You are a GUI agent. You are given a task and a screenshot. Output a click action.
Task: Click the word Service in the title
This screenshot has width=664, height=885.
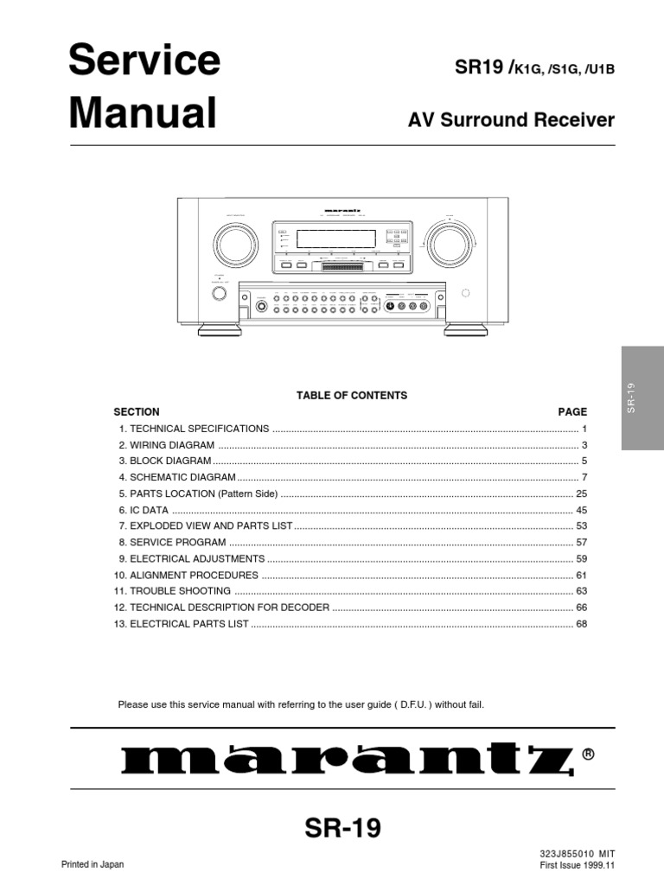click(x=144, y=60)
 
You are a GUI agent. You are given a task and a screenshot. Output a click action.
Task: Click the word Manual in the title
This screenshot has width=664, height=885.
click(x=142, y=113)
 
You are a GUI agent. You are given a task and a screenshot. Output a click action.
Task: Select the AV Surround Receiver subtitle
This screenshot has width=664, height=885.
click(x=511, y=120)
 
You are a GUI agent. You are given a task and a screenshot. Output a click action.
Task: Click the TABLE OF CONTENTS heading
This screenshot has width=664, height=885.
click(x=352, y=395)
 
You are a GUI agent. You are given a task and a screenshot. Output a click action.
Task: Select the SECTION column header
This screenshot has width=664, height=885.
click(x=137, y=411)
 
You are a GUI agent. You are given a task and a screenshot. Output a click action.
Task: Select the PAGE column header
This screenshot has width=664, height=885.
click(x=572, y=411)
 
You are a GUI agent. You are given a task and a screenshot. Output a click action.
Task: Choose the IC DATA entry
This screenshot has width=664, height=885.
click(x=150, y=510)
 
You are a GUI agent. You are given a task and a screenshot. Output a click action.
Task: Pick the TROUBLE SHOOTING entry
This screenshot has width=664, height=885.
click(x=181, y=591)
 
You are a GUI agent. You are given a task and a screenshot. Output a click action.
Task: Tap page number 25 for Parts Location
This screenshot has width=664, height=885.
click(x=581, y=493)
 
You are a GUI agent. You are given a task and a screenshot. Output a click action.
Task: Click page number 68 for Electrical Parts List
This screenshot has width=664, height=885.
click(x=581, y=623)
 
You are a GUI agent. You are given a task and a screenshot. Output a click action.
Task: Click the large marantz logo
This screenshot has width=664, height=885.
click(x=346, y=760)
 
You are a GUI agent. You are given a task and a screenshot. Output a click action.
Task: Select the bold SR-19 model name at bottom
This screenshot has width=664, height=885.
click(x=342, y=829)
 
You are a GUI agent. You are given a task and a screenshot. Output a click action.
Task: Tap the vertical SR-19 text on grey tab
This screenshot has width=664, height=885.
click(x=631, y=398)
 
